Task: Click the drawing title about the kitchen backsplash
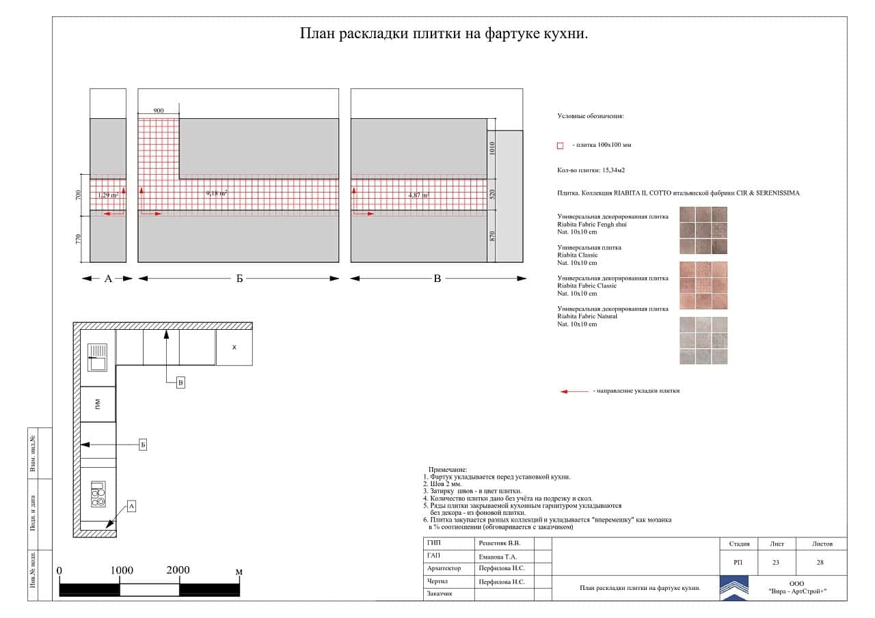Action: point(444,34)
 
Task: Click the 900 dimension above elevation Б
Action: point(158,111)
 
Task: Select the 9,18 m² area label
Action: point(217,194)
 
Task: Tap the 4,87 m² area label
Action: point(418,195)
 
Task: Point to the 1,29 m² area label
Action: point(108,195)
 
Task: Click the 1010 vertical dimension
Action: point(492,148)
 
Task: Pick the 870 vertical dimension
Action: point(492,236)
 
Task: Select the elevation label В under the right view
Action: point(437,279)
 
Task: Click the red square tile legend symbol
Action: point(561,145)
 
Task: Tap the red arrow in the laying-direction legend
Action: point(574,391)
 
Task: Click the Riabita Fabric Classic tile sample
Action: point(703,285)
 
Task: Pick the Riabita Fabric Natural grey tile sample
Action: point(703,340)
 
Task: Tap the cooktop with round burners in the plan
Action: point(98,494)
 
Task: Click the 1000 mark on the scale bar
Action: point(122,571)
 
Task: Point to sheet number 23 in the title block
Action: point(776,563)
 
